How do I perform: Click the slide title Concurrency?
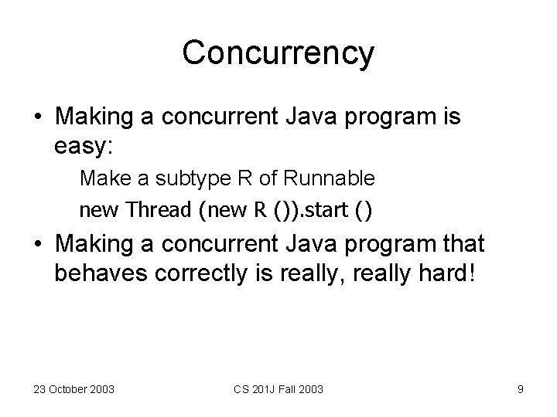278,53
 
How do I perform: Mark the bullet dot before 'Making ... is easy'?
38,118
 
